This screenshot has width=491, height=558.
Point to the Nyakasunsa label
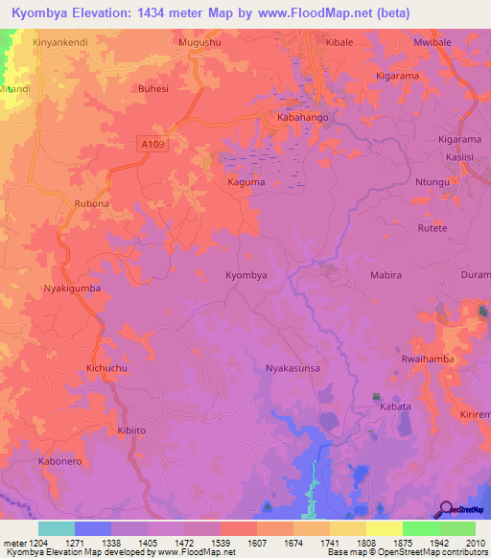292,367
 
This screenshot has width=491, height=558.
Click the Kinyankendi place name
59,43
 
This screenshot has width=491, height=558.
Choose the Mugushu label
199,43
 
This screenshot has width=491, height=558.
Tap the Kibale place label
339,43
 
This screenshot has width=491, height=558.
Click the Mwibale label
432,43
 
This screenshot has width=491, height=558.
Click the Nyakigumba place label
72,288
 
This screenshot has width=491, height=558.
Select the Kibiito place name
130,430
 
